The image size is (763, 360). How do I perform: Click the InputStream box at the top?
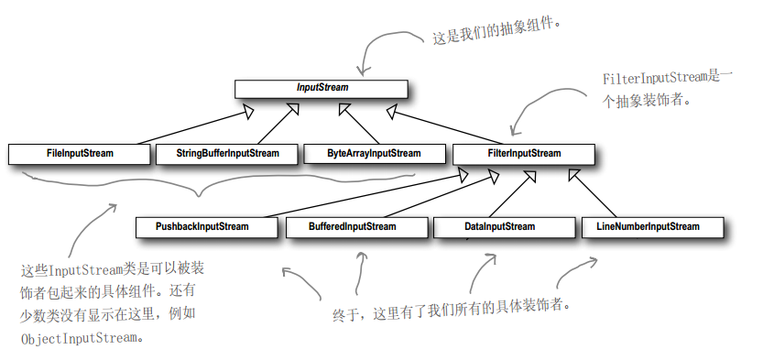(x=321, y=88)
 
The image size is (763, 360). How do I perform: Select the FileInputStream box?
(x=79, y=154)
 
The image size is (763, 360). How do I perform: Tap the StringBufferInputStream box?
(x=227, y=154)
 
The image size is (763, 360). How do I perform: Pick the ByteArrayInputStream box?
(x=374, y=154)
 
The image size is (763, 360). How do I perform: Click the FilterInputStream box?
(x=521, y=154)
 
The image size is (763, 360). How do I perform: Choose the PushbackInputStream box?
(x=206, y=226)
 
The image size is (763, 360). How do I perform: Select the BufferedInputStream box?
(x=353, y=226)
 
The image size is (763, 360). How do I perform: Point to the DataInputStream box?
(x=498, y=226)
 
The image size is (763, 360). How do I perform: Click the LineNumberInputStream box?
(x=648, y=226)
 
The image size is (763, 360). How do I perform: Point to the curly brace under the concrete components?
(x=197, y=188)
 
